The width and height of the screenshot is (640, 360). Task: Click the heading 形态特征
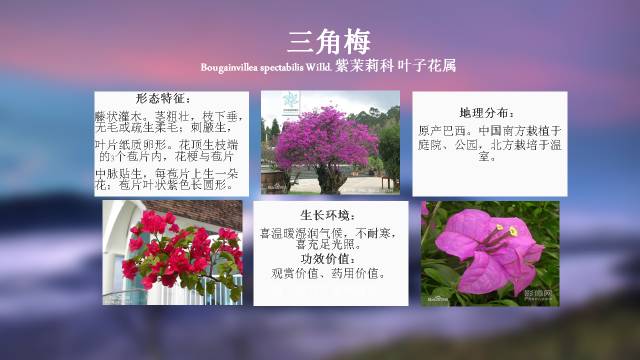162,98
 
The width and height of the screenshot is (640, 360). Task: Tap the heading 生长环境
328,216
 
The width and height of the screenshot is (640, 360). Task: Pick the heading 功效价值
328,258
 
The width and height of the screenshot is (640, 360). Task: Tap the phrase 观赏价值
296,273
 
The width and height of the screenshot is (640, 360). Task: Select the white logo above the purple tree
290,100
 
